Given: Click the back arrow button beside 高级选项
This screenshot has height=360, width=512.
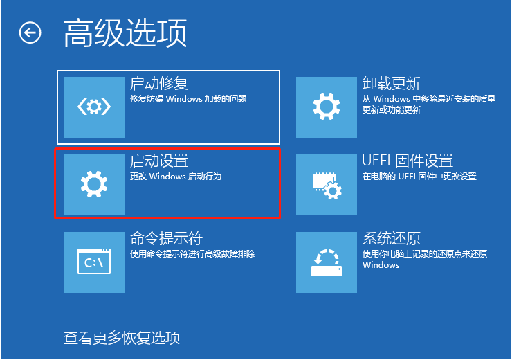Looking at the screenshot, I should [30, 33].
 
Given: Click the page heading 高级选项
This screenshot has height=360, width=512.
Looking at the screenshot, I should [125, 33].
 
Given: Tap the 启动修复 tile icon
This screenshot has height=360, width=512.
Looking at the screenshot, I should [94, 107].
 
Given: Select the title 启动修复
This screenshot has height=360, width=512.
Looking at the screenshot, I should [159, 84].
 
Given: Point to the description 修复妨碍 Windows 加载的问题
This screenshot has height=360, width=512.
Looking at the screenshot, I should [188, 99].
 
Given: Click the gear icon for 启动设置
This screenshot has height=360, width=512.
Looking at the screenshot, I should [94, 184].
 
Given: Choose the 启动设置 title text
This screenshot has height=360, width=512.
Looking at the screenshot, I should [159, 161].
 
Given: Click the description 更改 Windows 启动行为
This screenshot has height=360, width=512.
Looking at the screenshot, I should [176, 177].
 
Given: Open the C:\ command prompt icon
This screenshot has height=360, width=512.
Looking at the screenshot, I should [94, 262].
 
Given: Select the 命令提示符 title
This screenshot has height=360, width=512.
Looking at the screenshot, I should [166, 239].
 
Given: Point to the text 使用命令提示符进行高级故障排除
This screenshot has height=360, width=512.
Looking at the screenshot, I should [192, 254].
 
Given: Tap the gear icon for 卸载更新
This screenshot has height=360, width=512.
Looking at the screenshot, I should [327, 107].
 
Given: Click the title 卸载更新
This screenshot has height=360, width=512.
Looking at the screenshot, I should [392, 84].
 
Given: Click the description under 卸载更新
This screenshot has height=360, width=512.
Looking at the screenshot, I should [429, 105].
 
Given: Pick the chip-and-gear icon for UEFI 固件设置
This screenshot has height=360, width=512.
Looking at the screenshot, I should [327, 184].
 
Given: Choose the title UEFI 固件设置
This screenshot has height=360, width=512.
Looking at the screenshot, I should [408, 161].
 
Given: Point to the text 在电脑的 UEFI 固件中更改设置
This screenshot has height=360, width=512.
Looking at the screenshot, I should [419, 177].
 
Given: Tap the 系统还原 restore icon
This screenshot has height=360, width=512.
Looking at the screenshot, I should [327, 262].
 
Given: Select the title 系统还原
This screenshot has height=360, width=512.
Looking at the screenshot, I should [392, 239].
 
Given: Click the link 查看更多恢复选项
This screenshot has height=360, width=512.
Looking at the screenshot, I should [122, 338].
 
